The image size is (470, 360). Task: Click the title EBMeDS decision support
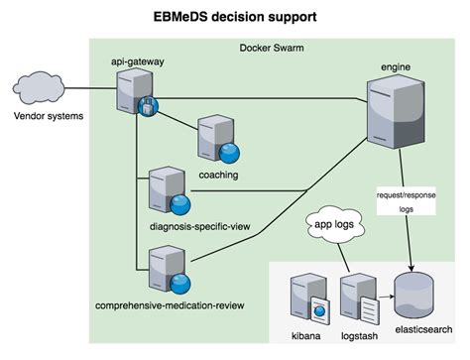click(235, 17)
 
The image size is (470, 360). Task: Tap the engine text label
click(396, 65)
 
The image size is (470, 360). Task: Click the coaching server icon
click(216, 140)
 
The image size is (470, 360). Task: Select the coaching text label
click(218, 174)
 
